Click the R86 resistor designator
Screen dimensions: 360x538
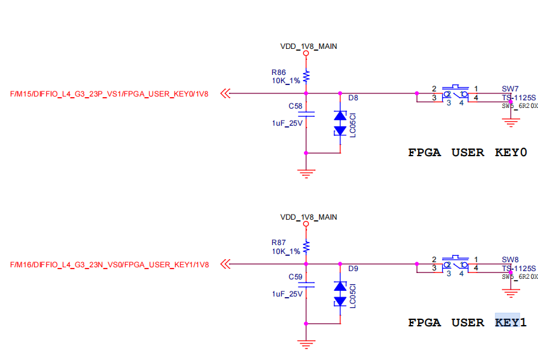coord(279,72)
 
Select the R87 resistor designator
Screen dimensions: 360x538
coord(279,243)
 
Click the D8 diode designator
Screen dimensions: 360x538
coord(353,98)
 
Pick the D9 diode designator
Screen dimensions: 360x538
coord(353,269)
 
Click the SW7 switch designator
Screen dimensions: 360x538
coord(510,88)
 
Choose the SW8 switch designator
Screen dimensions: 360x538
coord(510,259)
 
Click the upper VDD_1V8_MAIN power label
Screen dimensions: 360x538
coord(308,46)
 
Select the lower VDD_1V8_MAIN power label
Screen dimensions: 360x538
coord(308,217)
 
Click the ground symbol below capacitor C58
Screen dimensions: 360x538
coord(306,171)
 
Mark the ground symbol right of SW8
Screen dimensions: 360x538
coord(509,292)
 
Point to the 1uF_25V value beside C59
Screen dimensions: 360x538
coord(287,294)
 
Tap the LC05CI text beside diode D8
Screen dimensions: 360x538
coord(352,124)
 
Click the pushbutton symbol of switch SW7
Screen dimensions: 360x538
coord(456,93)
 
